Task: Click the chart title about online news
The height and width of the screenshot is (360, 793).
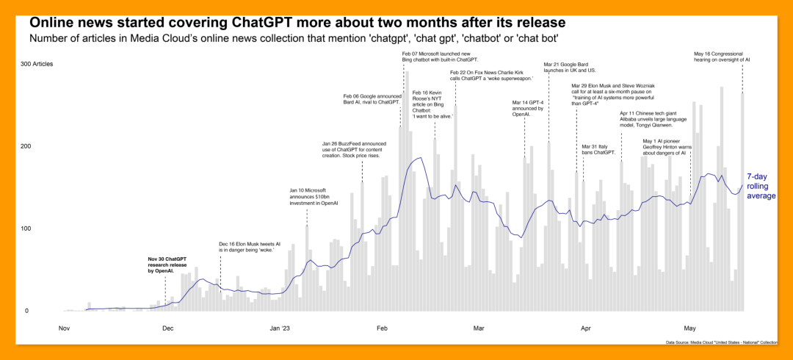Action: click(x=297, y=24)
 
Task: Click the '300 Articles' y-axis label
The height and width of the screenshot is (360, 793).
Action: click(x=37, y=65)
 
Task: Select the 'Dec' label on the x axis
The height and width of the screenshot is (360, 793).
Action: click(x=168, y=328)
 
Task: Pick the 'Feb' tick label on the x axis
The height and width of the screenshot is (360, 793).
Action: click(x=382, y=328)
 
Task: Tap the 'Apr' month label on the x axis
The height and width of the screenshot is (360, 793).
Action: click(x=586, y=328)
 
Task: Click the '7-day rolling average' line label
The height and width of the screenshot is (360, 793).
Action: click(x=761, y=186)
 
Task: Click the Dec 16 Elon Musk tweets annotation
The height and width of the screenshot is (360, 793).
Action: click(x=250, y=247)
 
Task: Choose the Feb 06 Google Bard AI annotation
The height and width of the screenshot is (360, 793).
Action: click(x=372, y=98)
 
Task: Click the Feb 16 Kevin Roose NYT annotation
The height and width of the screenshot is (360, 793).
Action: click(x=433, y=104)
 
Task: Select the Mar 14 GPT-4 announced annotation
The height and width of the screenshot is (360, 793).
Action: click(x=527, y=108)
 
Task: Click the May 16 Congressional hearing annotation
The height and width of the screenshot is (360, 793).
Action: click(x=723, y=56)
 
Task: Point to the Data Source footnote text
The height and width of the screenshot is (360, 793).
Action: click(x=722, y=342)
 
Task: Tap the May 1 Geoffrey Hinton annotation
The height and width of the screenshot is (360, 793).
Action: click(x=666, y=146)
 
